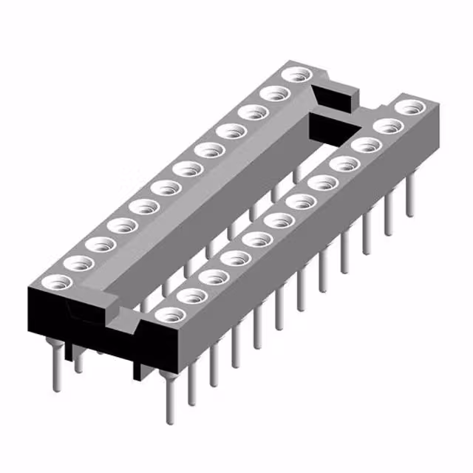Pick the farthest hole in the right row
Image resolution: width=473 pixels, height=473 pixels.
coord(408,107)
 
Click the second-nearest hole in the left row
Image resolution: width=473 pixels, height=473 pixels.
coord(76,262)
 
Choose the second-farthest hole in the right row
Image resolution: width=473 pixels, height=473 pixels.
coord(387,126)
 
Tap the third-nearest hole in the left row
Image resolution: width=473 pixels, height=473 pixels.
coord(98,243)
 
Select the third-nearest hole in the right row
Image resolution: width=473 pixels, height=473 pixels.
coord(214,277)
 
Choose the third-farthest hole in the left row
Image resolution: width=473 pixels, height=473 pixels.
coord(254,112)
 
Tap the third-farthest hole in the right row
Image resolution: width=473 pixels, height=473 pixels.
coord(365,145)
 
